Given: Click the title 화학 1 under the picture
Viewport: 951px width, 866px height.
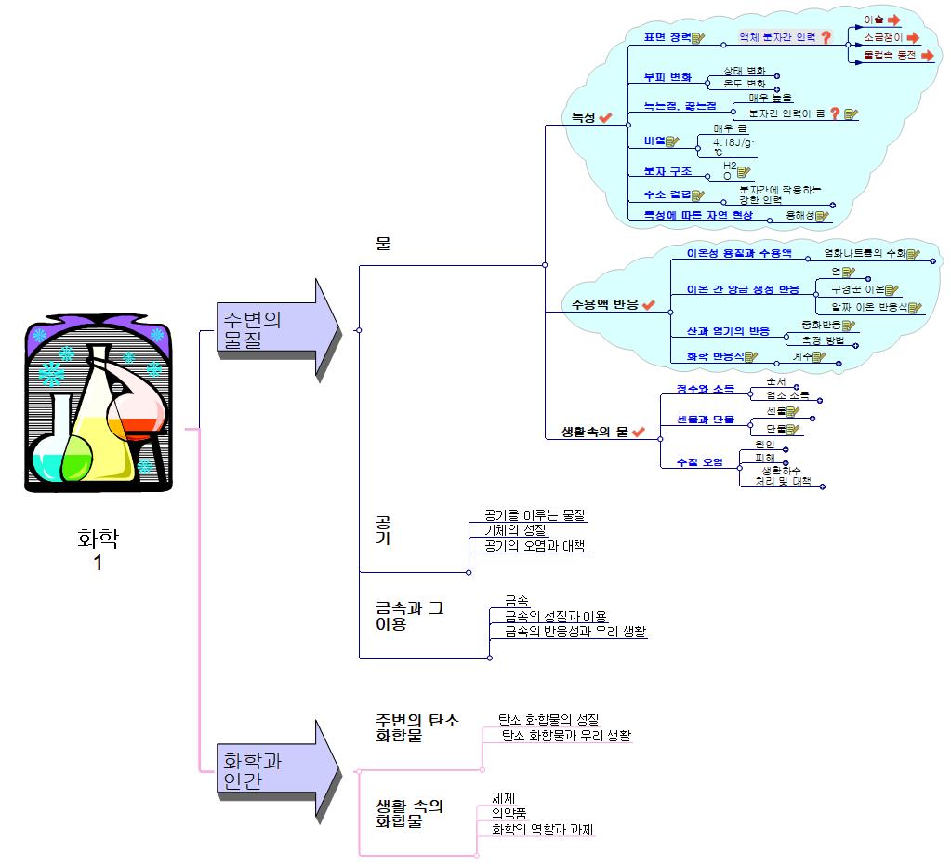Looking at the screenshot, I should [98, 550].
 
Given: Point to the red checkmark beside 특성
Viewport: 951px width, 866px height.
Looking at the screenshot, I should [605, 118].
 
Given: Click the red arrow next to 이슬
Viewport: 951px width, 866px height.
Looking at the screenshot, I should [893, 20].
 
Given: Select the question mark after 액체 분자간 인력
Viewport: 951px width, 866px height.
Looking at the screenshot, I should [825, 37].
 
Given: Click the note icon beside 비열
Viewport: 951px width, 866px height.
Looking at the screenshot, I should [673, 141].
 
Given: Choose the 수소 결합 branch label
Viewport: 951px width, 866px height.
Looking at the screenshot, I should [667, 194].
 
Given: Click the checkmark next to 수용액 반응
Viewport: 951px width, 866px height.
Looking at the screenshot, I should [649, 304].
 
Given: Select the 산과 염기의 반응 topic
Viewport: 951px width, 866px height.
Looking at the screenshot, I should [728, 331].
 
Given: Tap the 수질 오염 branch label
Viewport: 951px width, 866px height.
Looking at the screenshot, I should [699, 462].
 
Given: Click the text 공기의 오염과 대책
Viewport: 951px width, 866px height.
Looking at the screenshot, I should [535, 546].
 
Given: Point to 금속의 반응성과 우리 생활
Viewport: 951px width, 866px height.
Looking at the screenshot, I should [575, 632].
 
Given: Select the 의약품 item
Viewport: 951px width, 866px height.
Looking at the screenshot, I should [509, 814].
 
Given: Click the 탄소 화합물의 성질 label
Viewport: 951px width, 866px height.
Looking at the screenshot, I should [548, 719].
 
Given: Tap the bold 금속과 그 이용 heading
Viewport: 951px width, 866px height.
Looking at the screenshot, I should [409, 616].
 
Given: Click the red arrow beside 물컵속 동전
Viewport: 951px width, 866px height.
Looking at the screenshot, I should [926, 56].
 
